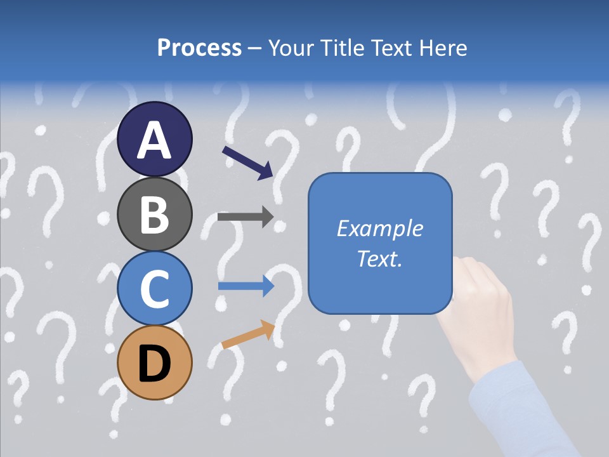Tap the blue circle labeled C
[154, 288]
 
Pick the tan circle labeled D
[154, 362]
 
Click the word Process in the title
[199, 48]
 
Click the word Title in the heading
[341, 48]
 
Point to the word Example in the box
[379, 228]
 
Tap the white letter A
[154, 141]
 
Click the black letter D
[154, 364]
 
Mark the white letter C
[154, 289]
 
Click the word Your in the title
[291, 48]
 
